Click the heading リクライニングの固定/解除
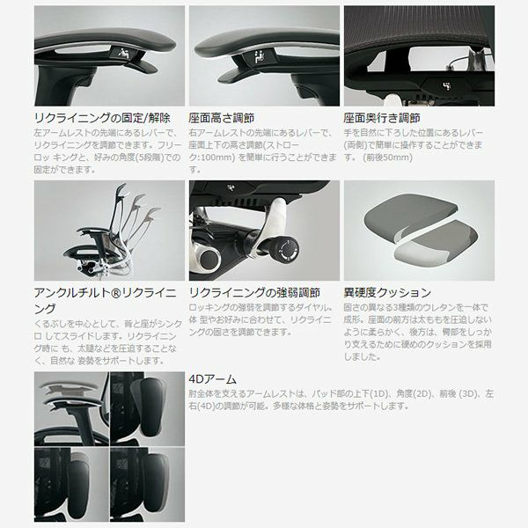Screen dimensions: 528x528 102,118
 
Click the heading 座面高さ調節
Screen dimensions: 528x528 221,118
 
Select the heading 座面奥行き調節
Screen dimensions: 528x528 382,118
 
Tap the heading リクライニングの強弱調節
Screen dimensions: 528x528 254,293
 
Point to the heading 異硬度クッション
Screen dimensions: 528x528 387,293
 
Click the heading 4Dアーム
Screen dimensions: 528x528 212,379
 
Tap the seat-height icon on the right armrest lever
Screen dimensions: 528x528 260,56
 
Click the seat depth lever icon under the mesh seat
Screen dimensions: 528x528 446,86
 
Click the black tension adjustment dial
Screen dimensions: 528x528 285,251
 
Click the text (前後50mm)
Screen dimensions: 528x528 387,158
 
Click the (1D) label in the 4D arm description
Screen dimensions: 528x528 378,393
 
